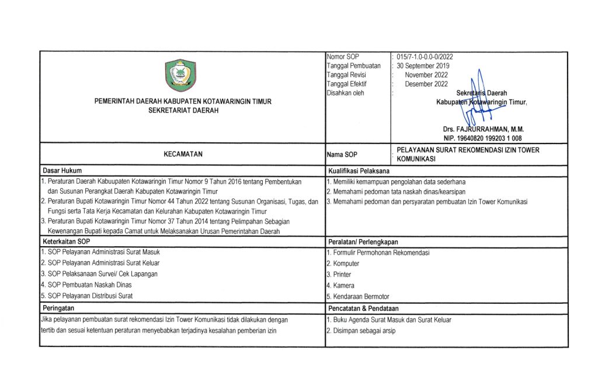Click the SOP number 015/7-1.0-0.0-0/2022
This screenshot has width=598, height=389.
[425, 57]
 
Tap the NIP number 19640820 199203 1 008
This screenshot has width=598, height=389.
[483, 138]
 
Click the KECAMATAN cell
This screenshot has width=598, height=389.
[183, 154]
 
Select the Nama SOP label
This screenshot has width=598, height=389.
[342, 155]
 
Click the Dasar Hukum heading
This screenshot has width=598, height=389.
[62, 171]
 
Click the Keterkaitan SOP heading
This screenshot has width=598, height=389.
[66, 241]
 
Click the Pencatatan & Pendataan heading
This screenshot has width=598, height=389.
[363, 308]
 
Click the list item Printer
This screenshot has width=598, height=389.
[339, 274]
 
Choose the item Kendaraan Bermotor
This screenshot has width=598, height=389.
[357, 296]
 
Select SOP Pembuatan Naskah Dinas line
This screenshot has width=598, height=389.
[86, 285]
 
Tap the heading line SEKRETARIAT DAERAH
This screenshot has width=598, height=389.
[183, 111]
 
